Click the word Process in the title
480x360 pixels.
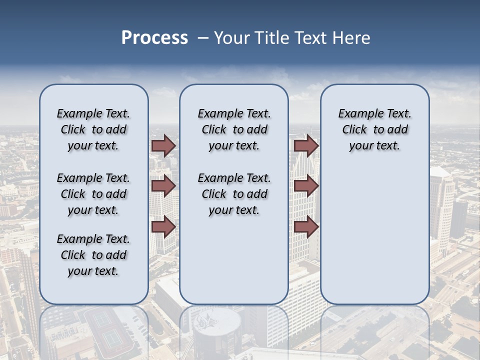point(154,38)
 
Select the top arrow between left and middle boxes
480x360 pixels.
point(163,146)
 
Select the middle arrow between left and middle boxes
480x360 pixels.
point(163,186)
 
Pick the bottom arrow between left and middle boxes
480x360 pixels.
point(163,226)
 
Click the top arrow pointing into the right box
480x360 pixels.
point(306,146)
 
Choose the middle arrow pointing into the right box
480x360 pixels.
point(306,186)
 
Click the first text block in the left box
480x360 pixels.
point(93,129)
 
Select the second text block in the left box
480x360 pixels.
point(93,194)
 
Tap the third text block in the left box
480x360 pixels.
point(93,255)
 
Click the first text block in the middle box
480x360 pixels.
point(234,129)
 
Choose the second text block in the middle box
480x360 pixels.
point(234,194)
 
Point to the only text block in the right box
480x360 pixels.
point(374,129)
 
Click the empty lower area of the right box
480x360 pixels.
point(374,235)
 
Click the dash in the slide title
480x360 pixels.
point(203,38)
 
